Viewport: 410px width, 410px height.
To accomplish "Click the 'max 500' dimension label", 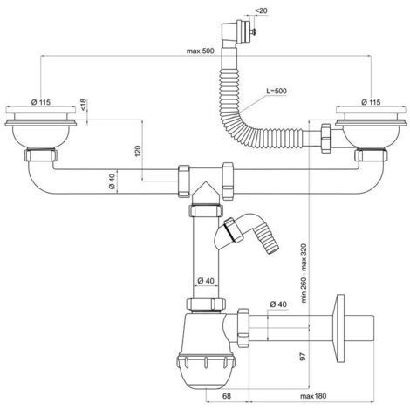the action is (x=200, y=51).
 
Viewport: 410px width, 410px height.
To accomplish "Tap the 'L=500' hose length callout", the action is (x=277, y=91).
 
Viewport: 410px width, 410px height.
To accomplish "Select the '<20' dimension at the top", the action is (x=261, y=10).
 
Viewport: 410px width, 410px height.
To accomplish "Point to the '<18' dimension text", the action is (x=83, y=105).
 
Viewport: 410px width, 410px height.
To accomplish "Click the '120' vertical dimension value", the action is (x=138, y=151).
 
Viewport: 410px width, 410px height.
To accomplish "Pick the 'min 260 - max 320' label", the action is (x=304, y=273).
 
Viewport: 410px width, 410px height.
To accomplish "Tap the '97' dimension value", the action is (x=303, y=357).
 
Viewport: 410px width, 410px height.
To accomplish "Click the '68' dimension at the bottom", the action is (x=227, y=396).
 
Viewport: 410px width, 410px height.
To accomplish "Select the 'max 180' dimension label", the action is (x=313, y=396).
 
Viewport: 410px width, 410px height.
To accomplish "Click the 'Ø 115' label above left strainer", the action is (x=41, y=102).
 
